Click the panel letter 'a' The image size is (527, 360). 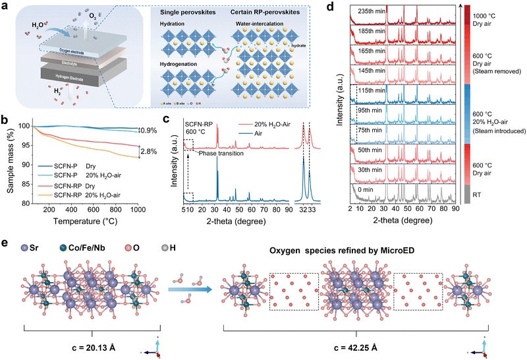(5, 7)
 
